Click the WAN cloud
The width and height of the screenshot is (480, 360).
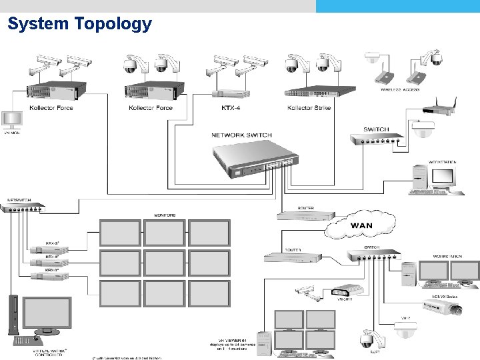click(361, 225)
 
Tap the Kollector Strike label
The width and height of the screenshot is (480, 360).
click(309, 108)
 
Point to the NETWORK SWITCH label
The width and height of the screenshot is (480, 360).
click(241, 135)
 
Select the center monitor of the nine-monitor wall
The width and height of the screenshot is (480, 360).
click(164, 262)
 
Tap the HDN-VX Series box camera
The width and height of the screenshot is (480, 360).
click(443, 307)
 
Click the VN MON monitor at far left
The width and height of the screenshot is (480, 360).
click(11, 120)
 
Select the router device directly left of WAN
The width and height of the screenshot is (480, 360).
click(306, 215)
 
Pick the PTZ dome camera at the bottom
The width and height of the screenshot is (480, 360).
click(367, 340)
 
